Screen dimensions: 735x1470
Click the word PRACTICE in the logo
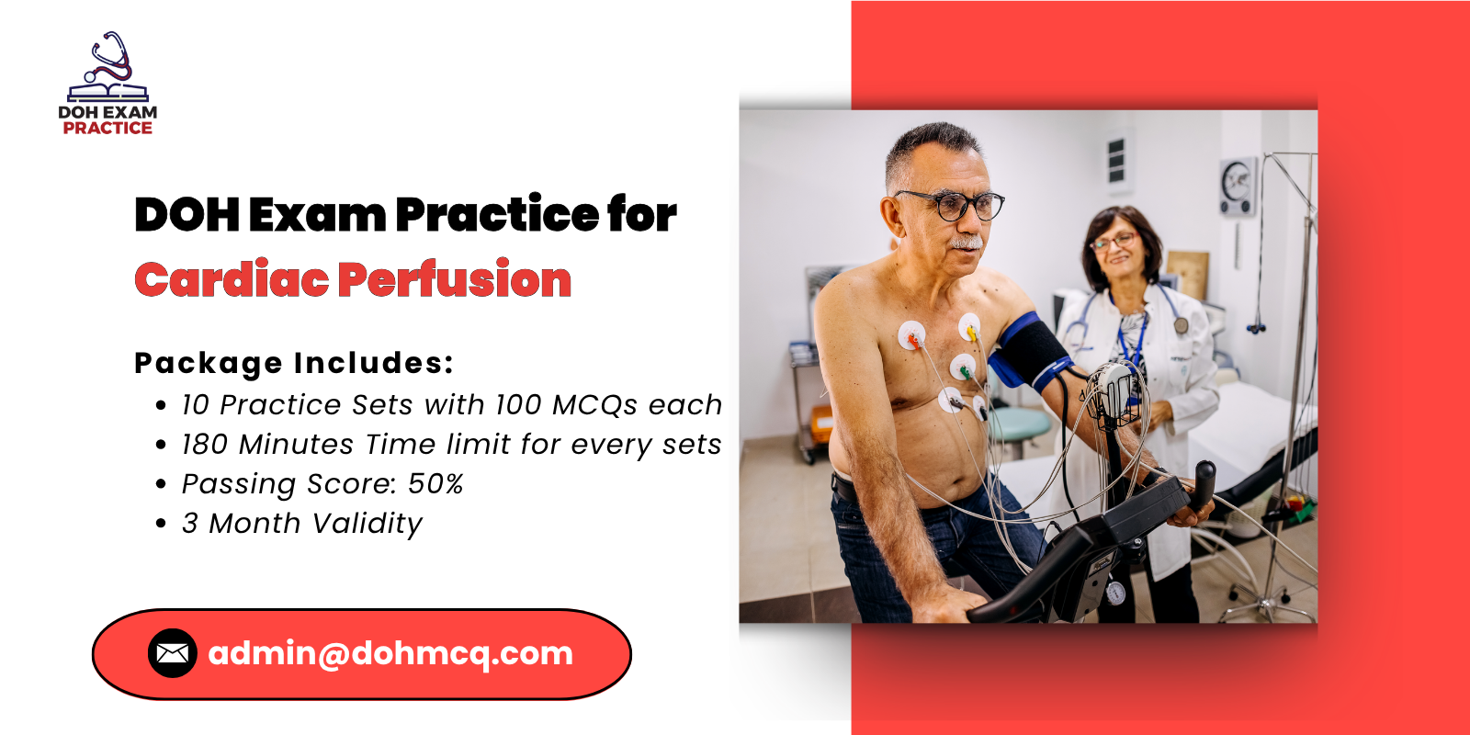point(107,129)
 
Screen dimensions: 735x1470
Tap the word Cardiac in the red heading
point(231,279)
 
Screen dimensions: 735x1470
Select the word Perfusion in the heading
point(455,279)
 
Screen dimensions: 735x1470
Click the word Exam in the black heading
point(317,215)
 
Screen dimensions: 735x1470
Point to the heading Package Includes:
point(294,363)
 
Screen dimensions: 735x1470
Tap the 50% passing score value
point(435,483)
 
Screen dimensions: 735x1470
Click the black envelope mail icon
point(173,653)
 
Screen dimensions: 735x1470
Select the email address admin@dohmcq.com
point(390,653)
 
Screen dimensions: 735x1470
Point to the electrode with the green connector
point(963,369)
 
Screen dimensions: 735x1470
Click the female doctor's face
point(1114,247)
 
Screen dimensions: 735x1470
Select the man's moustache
point(966,243)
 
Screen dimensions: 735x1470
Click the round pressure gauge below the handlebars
point(1114,593)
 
